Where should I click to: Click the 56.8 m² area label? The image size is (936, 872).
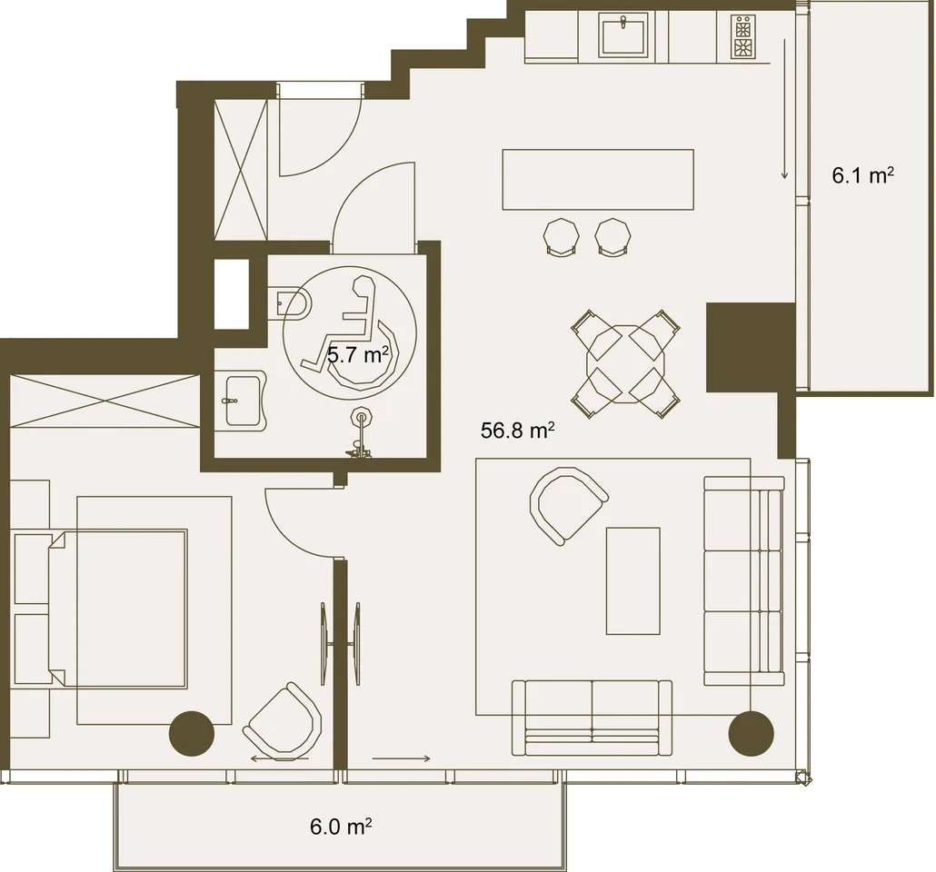pyautogui.click(x=518, y=430)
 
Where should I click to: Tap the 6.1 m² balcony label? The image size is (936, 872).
pyautogui.click(x=862, y=175)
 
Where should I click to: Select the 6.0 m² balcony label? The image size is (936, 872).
pyautogui.click(x=341, y=827)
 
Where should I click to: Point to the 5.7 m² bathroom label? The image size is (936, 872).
pyautogui.click(x=358, y=355)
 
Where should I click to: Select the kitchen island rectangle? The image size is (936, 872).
pyautogui.click(x=598, y=180)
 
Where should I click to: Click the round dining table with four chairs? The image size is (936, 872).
pyautogui.click(x=625, y=364)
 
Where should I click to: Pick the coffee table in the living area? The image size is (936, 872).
pyautogui.click(x=632, y=580)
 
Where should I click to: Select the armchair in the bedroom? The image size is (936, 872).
pyautogui.click(x=283, y=719)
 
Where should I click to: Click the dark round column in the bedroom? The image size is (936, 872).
pyautogui.click(x=192, y=734)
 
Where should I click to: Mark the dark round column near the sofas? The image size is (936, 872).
pyautogui.click(x=751, y=734)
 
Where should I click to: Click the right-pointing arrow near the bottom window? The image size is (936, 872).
pyautogui.click(x=401, y=758)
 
